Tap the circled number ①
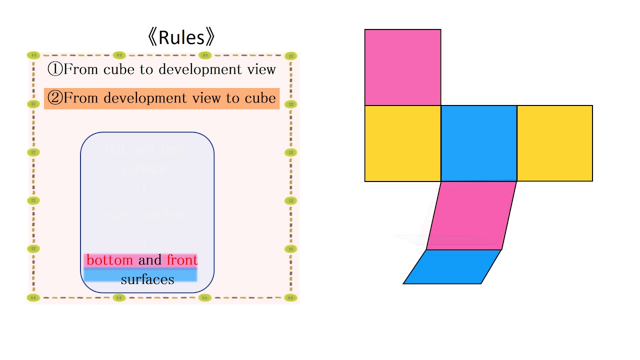point(54,69)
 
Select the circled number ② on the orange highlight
point(54,98)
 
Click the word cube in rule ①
point(120,69)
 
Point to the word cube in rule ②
point(260,98)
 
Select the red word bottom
point(109,260)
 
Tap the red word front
point(182,260)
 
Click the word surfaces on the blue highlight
point(147,279)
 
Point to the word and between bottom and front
point(150,260)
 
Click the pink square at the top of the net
point(402,67)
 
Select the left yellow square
point(402,143)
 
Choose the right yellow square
point(554,143)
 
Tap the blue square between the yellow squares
point(478,143)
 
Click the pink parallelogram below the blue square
point(471,215)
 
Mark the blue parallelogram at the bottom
point(452,266)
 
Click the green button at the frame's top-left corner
point(33,55)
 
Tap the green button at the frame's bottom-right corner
point(291,297)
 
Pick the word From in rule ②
point(80,98)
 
